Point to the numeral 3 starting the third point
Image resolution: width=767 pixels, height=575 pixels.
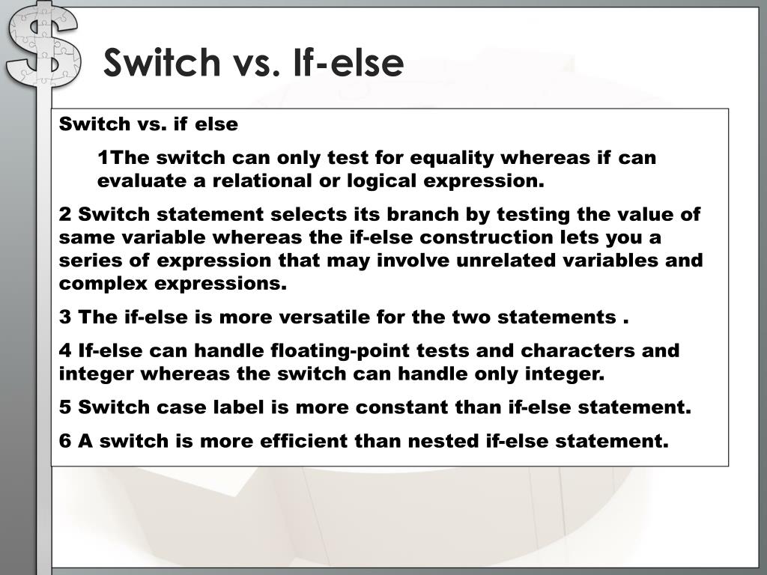pyautogui.click(x=65, y=317)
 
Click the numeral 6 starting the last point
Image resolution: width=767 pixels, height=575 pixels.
pyautogui.click(x=65, y=441)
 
